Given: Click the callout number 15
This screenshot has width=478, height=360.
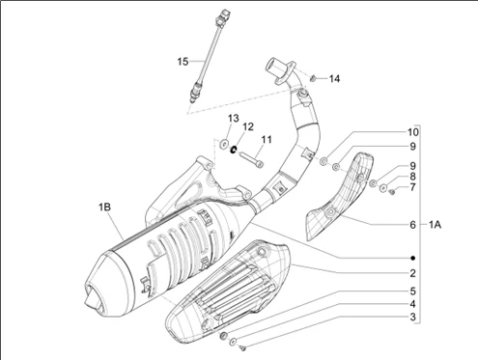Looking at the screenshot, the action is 183,61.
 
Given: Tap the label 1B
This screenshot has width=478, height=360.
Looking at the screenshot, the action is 104,207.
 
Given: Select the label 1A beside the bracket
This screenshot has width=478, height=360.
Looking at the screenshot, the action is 435,225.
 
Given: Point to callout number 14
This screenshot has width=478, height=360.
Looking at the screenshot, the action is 334,78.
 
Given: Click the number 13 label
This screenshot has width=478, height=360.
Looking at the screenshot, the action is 234,118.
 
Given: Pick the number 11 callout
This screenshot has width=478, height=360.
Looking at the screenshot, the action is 267,139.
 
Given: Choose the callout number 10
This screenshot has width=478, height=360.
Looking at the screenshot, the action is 413,132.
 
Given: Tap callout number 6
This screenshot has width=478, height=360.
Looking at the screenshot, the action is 412,225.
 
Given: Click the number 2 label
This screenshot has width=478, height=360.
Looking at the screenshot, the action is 412,273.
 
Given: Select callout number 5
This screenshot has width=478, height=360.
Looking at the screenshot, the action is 412,291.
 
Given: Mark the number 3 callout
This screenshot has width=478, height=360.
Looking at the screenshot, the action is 412,318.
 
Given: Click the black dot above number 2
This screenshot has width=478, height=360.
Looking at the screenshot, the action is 413,258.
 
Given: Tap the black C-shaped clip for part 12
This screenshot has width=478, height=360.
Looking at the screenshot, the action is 234,150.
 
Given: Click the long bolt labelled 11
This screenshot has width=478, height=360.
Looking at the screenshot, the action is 251,159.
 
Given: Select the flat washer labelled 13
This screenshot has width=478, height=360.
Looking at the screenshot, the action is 223,144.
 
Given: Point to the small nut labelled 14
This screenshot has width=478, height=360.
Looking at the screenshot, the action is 312,77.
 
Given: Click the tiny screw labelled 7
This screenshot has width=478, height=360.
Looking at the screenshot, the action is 392,192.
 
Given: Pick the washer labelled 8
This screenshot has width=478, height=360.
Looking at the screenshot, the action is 383,188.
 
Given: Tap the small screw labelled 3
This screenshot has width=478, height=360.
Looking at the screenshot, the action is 243,347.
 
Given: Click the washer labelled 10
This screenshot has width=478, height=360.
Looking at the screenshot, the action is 323,161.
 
